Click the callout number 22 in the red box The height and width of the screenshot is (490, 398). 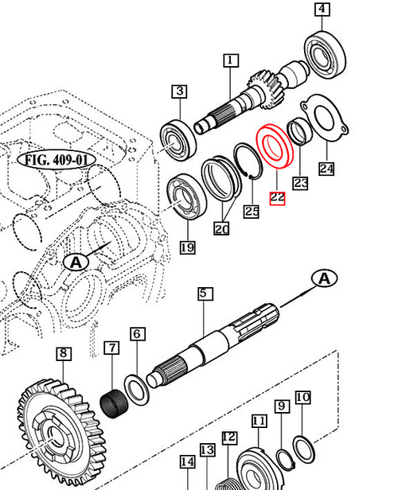pos(277,197)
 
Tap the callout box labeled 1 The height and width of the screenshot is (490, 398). pos(230,60)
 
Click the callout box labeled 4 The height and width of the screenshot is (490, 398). pos(322,10)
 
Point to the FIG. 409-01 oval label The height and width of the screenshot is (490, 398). pos(55,159)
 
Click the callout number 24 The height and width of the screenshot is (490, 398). pos(326,169)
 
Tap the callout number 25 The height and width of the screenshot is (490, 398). pos(251,211)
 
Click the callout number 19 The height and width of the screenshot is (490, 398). pos(186,247)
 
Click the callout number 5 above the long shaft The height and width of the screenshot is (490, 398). pos(204,294)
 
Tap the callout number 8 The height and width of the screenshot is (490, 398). pos(62,353)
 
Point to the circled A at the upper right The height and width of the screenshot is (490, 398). pos(325,278)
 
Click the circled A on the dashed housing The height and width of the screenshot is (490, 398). pos(75,262)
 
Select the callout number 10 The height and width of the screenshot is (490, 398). pos(302,397)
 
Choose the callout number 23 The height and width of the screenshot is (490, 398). pos(300,184)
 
